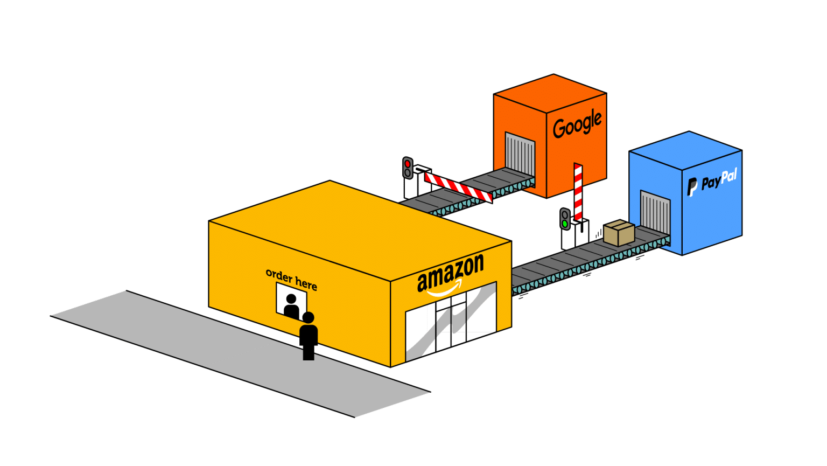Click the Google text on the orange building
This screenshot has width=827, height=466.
click(577, 124)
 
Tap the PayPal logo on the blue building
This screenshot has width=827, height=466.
click(712, 182)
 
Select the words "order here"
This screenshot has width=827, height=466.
click(291, 279)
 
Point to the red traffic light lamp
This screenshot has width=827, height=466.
click(408, 163)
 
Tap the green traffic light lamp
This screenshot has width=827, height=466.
click(564, 222)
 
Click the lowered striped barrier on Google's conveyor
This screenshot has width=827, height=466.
click(458, 187)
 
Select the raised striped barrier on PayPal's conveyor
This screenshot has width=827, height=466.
click(578, 192)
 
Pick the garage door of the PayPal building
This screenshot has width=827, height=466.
click(655, 211)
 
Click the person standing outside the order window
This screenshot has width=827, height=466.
click(309, 336)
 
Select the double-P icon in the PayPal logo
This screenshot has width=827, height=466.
click(692, 186)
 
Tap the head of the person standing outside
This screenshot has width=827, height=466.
click(309, 317)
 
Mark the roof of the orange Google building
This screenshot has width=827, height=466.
click(550, 92)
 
